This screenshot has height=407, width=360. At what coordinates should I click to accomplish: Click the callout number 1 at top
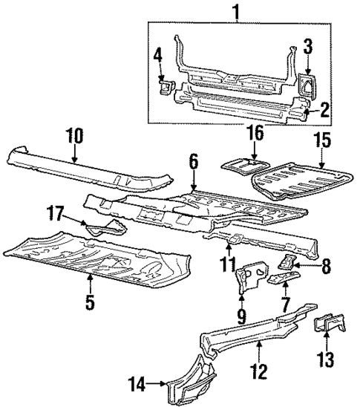[236, 13]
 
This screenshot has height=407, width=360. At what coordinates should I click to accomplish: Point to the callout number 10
[74, 136]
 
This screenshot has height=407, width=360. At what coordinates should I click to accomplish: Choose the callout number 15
[321, 158]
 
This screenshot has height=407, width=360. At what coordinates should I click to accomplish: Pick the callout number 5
[89, 303]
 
